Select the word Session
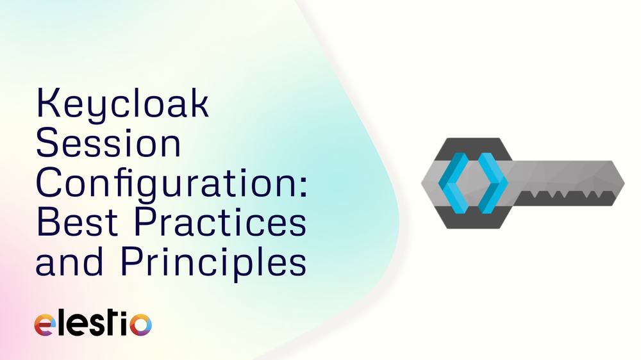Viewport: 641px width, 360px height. pyautogui.click(x=108, y=145)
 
